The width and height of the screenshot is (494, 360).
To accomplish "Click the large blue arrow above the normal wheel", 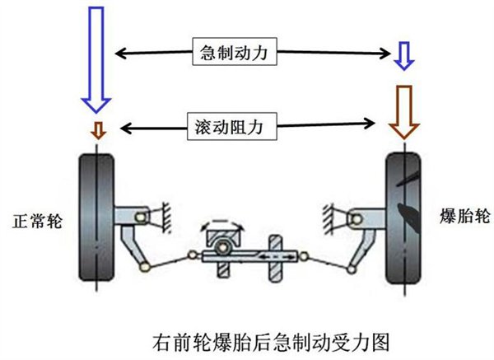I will [x=96, y=58].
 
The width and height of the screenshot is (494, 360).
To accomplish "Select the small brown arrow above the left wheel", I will [x=98, y=129].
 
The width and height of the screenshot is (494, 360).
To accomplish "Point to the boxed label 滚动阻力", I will [x=233, y=127].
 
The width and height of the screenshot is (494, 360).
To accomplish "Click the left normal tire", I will [x=96, y=217].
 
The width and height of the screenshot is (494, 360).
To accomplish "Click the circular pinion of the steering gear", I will [x=220, y=248].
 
